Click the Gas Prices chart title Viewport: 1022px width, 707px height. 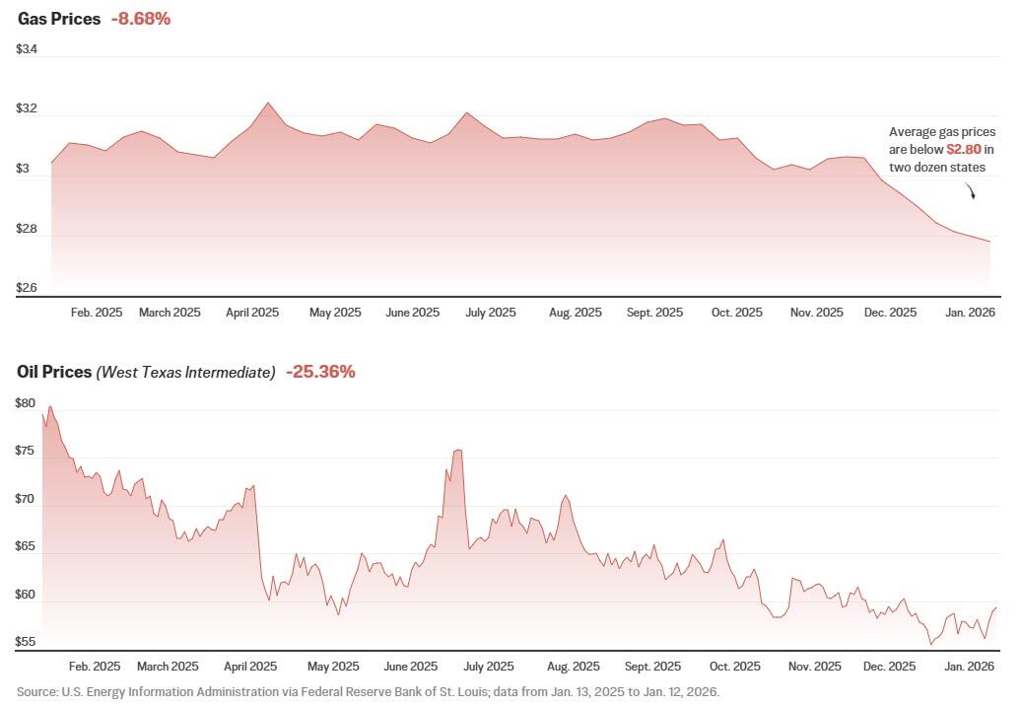point(58,19)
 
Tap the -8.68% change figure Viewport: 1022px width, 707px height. point(141,19)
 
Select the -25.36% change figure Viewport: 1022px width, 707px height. point(320,372)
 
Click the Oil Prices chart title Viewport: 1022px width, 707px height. point(53,372)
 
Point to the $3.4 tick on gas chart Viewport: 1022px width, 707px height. point(28,49)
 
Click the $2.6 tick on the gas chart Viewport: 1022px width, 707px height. point(28,288)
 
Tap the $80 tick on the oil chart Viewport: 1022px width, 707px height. point(26,403)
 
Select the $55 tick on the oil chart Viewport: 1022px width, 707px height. point(26,642)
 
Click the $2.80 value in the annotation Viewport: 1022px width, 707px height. point(964,150)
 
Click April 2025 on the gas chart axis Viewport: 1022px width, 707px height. point(252,313)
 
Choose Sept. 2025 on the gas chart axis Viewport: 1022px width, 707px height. point(654,313)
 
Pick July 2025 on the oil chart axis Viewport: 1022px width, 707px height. point(489,667)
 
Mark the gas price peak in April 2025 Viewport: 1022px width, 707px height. point(267,103)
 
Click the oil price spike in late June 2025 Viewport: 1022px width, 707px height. point(457,451)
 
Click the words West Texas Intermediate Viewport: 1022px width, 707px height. point(185,373)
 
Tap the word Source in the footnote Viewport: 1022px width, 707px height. point(36,691)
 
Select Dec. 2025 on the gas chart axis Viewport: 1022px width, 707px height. point(890,313)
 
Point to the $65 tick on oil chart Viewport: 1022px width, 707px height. point(26,546)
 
